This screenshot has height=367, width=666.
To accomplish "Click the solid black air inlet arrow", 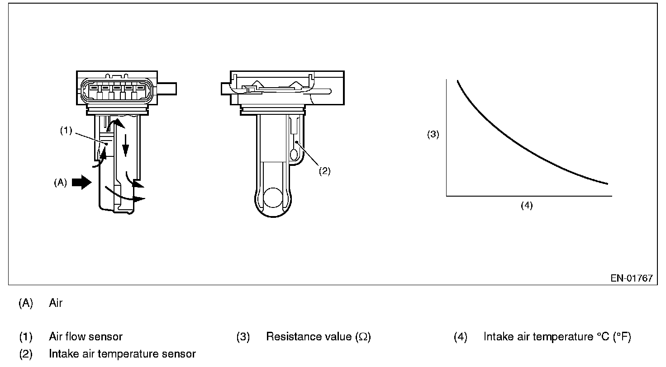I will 82,183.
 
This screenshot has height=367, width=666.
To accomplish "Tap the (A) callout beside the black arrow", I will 60,183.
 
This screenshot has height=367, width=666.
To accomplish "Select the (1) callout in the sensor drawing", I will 66,131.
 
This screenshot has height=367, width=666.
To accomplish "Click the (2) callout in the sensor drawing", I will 324,171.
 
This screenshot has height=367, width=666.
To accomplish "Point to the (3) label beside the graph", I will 433,134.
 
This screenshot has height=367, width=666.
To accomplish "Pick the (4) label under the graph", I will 527,205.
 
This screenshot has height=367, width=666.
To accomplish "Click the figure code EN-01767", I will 632,278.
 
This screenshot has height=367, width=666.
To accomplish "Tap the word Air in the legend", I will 56,303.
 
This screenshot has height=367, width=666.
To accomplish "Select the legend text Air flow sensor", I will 86,337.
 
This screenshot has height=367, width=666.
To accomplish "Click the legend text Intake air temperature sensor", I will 122,353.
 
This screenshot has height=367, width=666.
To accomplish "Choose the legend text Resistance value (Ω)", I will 319,337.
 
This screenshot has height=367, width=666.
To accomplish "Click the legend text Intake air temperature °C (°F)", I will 557,337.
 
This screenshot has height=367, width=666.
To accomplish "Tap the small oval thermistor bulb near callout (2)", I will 294,155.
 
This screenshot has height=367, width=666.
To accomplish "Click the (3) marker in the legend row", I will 243,337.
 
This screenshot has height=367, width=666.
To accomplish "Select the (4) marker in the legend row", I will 460,337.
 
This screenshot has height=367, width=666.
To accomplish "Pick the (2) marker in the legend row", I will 26,353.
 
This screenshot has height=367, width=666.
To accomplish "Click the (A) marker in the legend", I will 26,303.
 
